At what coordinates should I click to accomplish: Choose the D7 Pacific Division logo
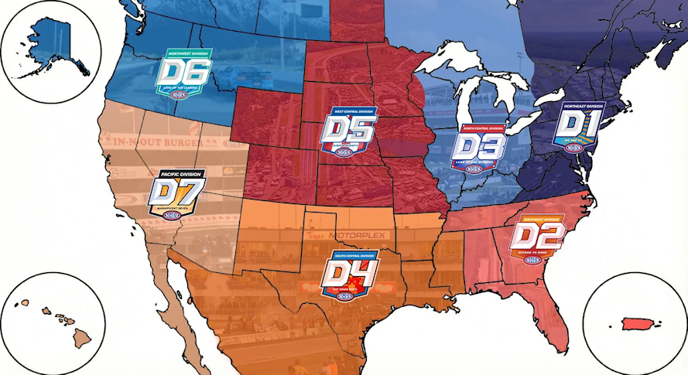click(x=177, y=195)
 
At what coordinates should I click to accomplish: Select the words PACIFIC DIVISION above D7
click(x=177, y=174)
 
